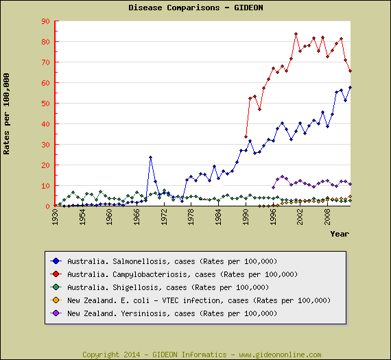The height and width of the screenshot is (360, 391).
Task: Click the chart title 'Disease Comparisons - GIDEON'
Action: coord(195,8)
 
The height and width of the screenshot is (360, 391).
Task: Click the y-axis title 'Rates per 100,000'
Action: coord(7,113)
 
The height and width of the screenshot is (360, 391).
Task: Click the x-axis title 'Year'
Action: coord(340,234)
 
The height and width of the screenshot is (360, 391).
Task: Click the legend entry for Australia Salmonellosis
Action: coord(171,261)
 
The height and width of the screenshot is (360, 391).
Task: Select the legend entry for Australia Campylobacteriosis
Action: coord(182,274)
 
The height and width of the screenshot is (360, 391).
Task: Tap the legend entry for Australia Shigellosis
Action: coord(167,287)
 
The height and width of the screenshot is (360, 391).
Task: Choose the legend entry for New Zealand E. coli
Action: coord(199,300)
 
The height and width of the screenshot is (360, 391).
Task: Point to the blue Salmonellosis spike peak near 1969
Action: coord(150,158)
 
